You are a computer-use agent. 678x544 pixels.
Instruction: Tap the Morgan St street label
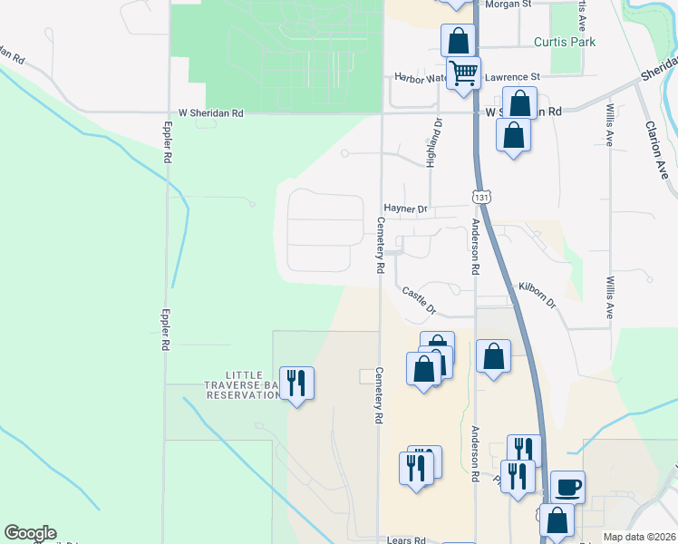[508, 5]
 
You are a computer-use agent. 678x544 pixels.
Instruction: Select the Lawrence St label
[512, 78]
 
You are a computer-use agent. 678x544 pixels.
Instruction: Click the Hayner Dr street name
[404, 209]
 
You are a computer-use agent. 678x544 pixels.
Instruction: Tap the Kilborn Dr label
[537, 294]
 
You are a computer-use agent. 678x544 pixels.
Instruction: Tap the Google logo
[30, 533]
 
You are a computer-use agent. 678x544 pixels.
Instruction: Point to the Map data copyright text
[639, 537]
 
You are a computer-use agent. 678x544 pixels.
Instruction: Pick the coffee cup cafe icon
[567, 488]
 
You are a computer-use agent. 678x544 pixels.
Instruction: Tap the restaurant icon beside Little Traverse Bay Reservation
[296, 384]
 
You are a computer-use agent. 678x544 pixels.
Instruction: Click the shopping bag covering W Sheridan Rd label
[519, 102]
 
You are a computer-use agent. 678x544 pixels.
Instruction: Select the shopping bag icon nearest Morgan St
[459, 40]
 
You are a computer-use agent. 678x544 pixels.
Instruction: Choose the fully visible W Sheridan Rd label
[210, 113]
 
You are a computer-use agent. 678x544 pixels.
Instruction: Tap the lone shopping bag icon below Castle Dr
[493, 356]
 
